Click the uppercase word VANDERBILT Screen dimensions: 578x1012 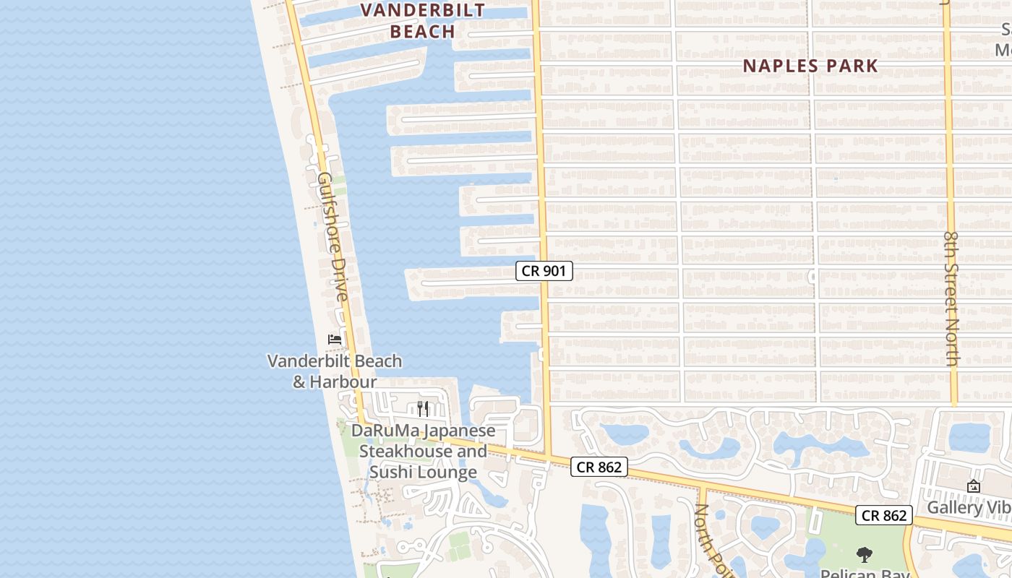click(x=423, y=10)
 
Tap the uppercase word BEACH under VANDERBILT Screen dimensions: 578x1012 click(x=423, y=32)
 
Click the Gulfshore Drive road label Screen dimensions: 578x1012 click(x=333, y=237)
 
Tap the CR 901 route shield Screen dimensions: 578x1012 click(x=544, y=271)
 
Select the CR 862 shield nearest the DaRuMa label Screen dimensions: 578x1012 click(x=599, y=467)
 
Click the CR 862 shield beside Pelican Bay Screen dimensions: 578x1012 click(x=884, y=515)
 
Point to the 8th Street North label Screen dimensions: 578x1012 click(x=951, y=298)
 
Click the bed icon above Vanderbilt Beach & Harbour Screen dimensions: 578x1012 click(x=335, y=339)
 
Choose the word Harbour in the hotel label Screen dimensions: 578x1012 click(x=344, y=381)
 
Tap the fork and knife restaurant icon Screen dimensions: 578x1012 click(x=423, y=409)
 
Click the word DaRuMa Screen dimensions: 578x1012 click(x=385, y=431)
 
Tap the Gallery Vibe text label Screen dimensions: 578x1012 click(x=969, y=508)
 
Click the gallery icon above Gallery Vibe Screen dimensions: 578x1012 click(x=973, y=487)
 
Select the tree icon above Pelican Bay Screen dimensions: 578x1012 click(x=864, y=555)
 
